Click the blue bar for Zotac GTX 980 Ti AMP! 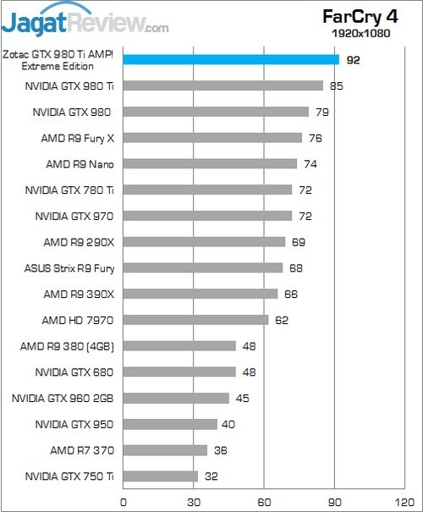(x=231, y=59)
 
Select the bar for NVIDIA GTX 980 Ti (x=223, y=85)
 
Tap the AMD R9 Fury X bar (x=213, y=138)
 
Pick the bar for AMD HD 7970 (x=196, y=320)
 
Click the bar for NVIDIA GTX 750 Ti (x=161, y=476)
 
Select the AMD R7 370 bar (x=166, y=450)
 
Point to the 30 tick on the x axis (x=195, y=501)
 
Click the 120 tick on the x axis (x=406, y=501)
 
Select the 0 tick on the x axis (x=124, y=501)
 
